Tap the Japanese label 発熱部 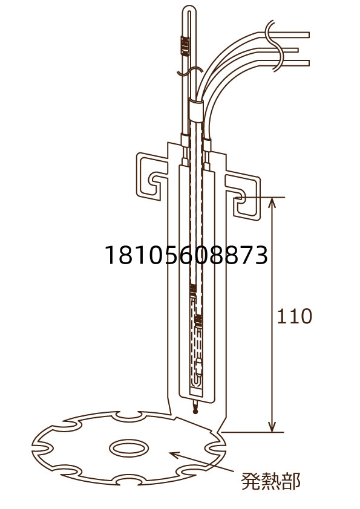click(270, 481)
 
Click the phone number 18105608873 click(186, 255)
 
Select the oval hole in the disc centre click(129, 449)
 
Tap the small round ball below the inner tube click(195, 411)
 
